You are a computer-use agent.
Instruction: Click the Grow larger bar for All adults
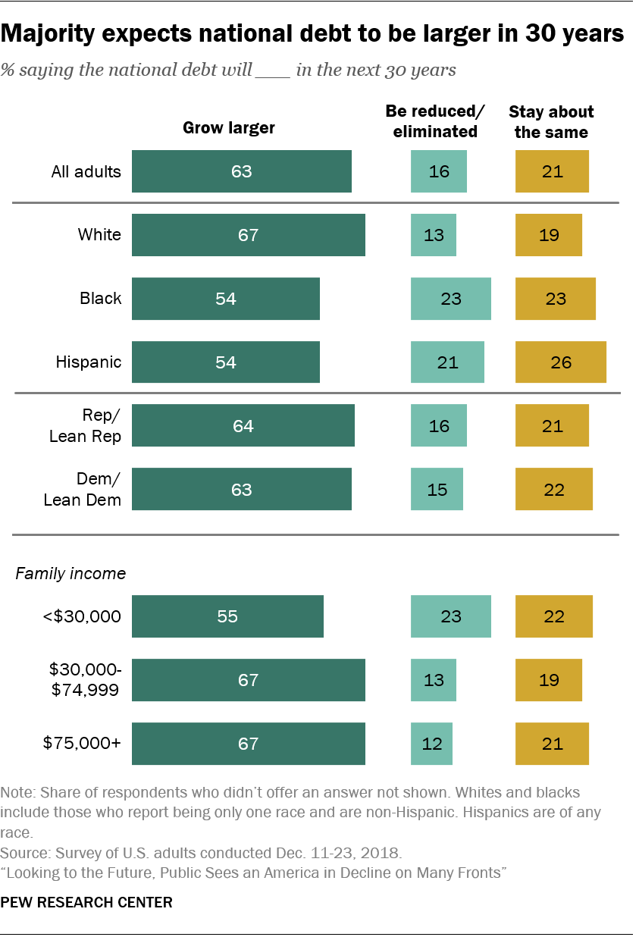click(x=241, y=171)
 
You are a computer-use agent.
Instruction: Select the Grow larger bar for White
click(x=248, y=235)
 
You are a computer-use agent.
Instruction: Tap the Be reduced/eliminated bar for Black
click(x=450, y=299)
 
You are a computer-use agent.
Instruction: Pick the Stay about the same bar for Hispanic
click(x=560, y=362)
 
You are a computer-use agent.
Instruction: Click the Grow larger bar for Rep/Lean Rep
click(x=243, y=426)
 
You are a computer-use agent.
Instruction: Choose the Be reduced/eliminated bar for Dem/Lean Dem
click(x=437, y=490)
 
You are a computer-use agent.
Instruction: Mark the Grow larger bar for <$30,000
click(x=227, y=616)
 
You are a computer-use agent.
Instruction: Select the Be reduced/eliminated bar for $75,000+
click(x=431, y=744)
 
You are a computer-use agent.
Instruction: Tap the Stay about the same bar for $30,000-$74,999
click(x=548, y=680)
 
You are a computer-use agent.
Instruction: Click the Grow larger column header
click(x=229, y=127)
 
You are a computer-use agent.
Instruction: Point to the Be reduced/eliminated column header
click(x=434, y=121)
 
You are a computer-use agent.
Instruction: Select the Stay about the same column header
click(x=551, y=121)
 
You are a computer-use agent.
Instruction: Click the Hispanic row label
click(x=88, y=362)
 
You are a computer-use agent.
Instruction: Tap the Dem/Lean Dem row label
click(x=83, y=490)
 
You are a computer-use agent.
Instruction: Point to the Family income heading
click(x=70, y=573)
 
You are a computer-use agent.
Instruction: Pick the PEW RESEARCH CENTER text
click(x=86, y=902)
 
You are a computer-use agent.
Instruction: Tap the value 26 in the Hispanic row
click(x=560, y=362)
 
